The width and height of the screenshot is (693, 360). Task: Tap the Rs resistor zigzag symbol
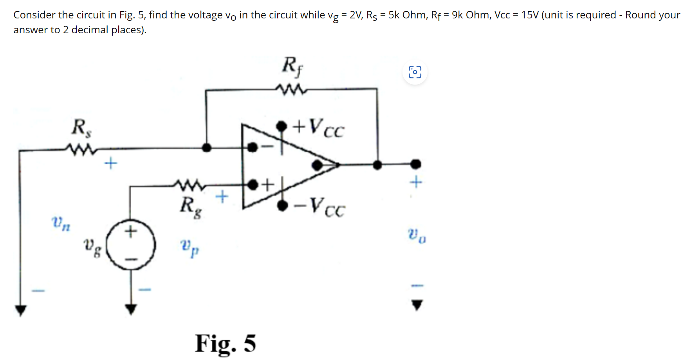click(81, 149)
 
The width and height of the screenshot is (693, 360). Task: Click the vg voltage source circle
click(131, 244)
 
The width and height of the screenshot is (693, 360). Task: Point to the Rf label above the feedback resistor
click(292, 66)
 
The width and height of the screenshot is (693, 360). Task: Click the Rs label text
click(81, 128)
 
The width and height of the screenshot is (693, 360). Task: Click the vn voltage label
click(61, 224)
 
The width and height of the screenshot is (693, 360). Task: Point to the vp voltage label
click(189, 247)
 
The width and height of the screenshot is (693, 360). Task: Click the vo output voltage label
click(417, 235)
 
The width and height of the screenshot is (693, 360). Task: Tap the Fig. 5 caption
click(226, 344)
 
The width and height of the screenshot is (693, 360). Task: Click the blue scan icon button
click(415, 72)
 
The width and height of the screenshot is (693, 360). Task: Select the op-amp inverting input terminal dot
click(253, 147)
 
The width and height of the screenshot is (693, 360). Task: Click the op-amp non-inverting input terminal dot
click(253, 184)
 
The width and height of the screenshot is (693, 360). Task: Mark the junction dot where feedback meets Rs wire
click(206, 148)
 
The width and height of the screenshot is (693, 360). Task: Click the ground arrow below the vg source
click(131, 309)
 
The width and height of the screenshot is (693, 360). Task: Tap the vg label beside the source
click(92, 247)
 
